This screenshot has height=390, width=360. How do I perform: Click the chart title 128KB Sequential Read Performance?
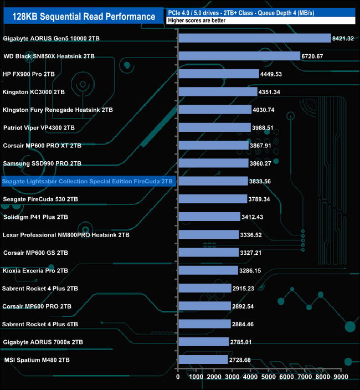[x=84, y=17]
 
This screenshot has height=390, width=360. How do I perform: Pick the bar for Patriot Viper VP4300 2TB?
[x=214, y=127]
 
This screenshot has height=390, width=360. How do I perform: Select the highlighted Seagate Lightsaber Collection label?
[x=88, y=181]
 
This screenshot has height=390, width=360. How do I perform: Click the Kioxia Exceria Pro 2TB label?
[x=35, y=271]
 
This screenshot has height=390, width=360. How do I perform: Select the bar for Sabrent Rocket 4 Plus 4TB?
[x=204, y=324]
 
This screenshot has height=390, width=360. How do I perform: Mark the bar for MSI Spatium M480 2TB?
[x=203, y=360]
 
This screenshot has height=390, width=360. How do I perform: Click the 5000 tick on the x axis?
[x=269, y=377]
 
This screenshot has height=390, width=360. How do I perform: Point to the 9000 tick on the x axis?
[x=341, y=377]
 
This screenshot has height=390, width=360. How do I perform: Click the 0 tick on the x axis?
[x=178, y=377]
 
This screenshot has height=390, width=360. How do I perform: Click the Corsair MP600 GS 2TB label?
[x=35, y=253]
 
